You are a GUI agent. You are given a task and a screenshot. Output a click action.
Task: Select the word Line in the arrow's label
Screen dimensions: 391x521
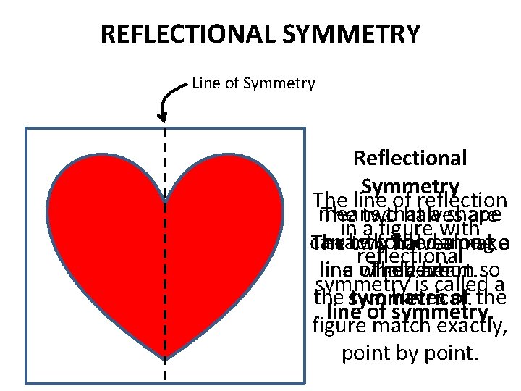click(206, 84)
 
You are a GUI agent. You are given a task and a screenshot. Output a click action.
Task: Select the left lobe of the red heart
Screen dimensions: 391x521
click(101, 210)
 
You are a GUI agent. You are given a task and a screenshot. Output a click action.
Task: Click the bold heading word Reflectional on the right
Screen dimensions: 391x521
click(410, 158)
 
